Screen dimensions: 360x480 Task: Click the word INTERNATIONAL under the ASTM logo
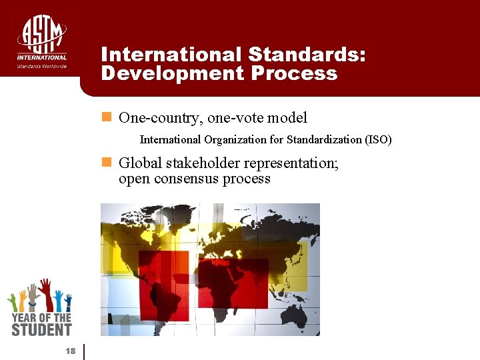click(42, 58)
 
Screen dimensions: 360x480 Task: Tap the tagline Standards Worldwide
click(42, 66)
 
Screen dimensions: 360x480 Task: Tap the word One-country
click(161, 119)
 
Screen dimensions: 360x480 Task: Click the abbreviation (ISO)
click(378, 140)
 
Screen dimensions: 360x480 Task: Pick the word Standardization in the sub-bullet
click(324, 140)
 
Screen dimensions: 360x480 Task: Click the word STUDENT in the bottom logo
click(41, 329)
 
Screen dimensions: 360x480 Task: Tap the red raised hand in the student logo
click(45, 292)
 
